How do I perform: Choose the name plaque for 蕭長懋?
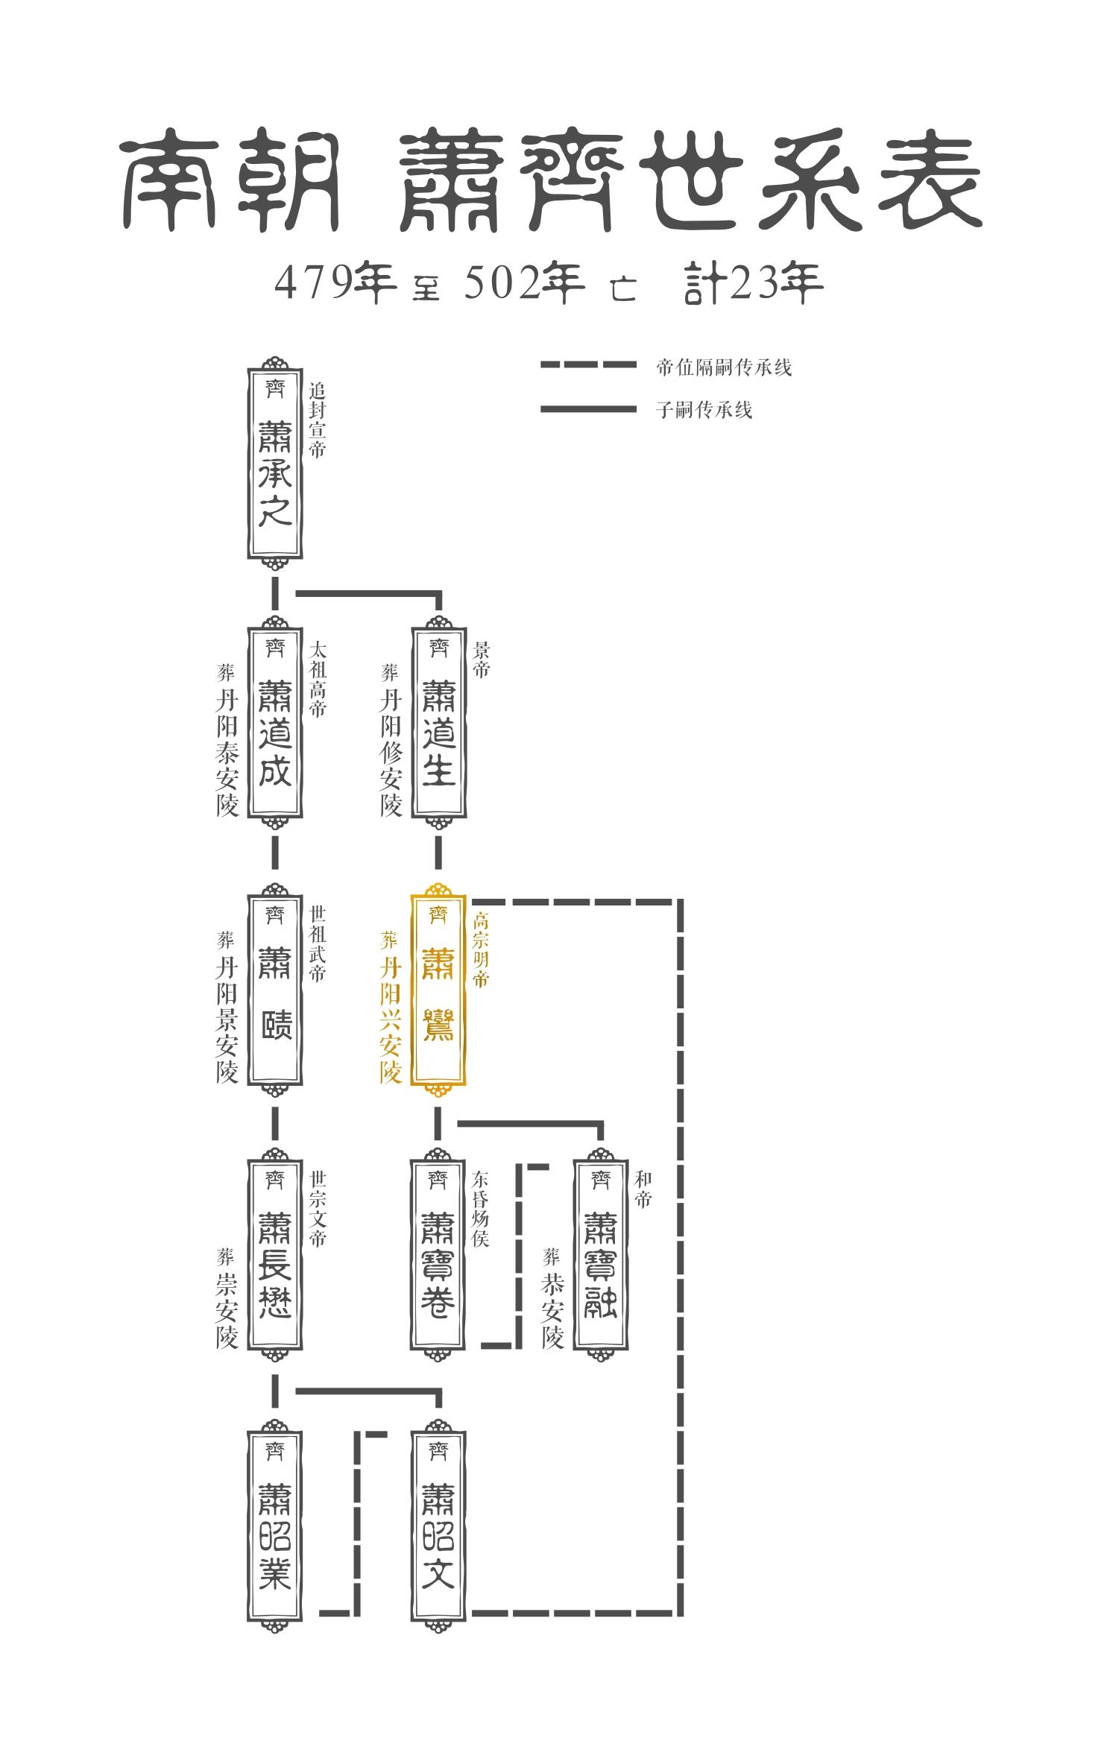(274, 1256)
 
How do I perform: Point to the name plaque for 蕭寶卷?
(438, 1256)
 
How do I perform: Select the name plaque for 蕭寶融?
(600, 1256)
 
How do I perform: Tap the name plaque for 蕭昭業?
(274, 1523)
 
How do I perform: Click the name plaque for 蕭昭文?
(438, 1523)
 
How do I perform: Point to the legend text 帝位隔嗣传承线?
(723, 367)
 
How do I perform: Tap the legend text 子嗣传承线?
(704, 410)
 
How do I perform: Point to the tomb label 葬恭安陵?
(552, 1298)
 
